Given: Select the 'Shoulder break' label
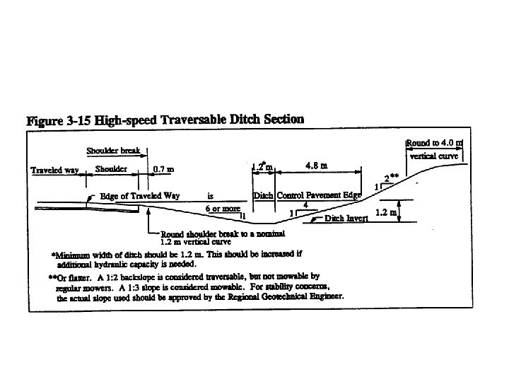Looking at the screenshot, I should pos(114,151).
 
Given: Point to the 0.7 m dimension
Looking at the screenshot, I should pos(164,170).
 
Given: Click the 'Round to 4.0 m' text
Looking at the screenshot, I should pos(434,143).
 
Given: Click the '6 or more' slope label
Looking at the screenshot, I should pos(222,209).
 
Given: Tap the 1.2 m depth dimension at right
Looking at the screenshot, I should pos(385,212).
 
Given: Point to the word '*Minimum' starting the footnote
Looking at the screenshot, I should pos(71,253).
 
